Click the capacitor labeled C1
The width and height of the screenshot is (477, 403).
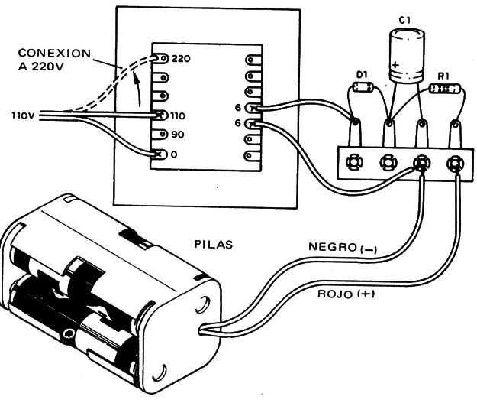pyautogui.click(x=404, y=54)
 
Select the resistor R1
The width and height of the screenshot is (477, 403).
pyautogui.click(x=443, y=89)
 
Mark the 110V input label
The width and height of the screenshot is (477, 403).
pyautogui.click(x=22, y=116)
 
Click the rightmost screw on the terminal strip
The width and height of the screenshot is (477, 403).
pyautogui.click(x=455, y=163)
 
